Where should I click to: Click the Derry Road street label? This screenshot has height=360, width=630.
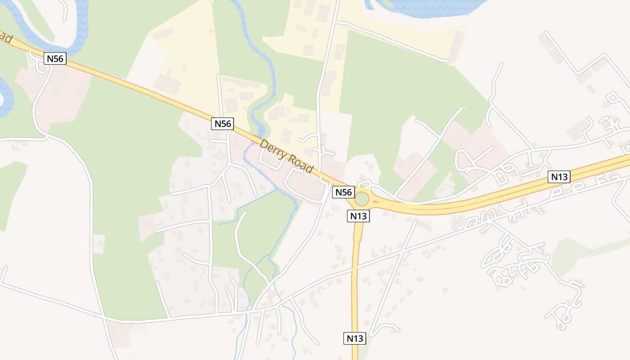coord(286,157)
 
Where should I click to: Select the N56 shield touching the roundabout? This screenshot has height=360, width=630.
coord(343,192)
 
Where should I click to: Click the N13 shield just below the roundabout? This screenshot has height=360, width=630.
coord(359,216)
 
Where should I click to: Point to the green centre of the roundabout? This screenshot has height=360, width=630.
coord(362,198)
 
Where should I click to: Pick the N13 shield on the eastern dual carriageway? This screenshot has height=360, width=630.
coord(559,177)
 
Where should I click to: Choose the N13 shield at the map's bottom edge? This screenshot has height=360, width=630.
coord(355,338)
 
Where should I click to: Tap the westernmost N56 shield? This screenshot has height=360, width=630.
coord(55,58)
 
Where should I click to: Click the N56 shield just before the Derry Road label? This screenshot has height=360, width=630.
coord(222,123)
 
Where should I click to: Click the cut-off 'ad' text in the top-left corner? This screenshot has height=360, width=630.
coord(6,38)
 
